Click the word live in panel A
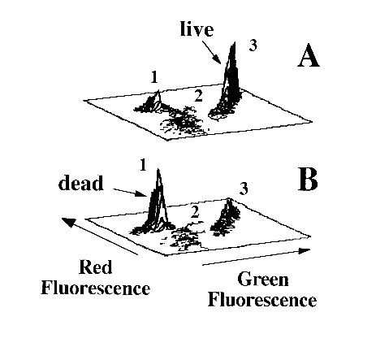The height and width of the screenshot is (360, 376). pyautogui.click(x=197, y=29)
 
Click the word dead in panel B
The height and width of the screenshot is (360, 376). pyautogui.click(x=81, y=183)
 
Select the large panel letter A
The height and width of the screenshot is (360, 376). pyautogui.click(x=309, y=55)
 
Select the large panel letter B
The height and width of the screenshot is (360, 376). pyautogui.click(x=308, y=180)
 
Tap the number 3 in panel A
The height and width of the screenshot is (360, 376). pyautogui.click(x=253, y=46)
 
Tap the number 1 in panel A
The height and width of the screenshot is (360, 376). pyautogui.click(x=154, y=76)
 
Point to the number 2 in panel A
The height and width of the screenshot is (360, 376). pyautogui.click(x=198, y=96)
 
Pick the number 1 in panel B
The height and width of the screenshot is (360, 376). pyautogui.click(x=143, y=165)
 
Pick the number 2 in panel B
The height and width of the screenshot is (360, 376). pyautogui.click(x=195, y=212)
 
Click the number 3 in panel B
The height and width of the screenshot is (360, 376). pyautogui.click(x=244, y=189)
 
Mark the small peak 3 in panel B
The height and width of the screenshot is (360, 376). pyautogui.click(x=226, y=217)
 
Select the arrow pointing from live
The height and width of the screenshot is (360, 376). pyautogui.click(x=212, y=52)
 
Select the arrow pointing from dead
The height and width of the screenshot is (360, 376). pyautogui.click(x=130, y=192)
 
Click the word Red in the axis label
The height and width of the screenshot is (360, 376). pyautogui.click(x=96, y=267)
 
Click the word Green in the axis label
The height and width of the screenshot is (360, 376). pyautogui.click(x=263, y=280)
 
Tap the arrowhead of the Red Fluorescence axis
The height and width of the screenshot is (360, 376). pyautogui.click(x=68, y=222)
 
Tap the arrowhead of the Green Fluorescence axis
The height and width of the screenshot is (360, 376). pyautogui.click(x=304, y=250)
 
